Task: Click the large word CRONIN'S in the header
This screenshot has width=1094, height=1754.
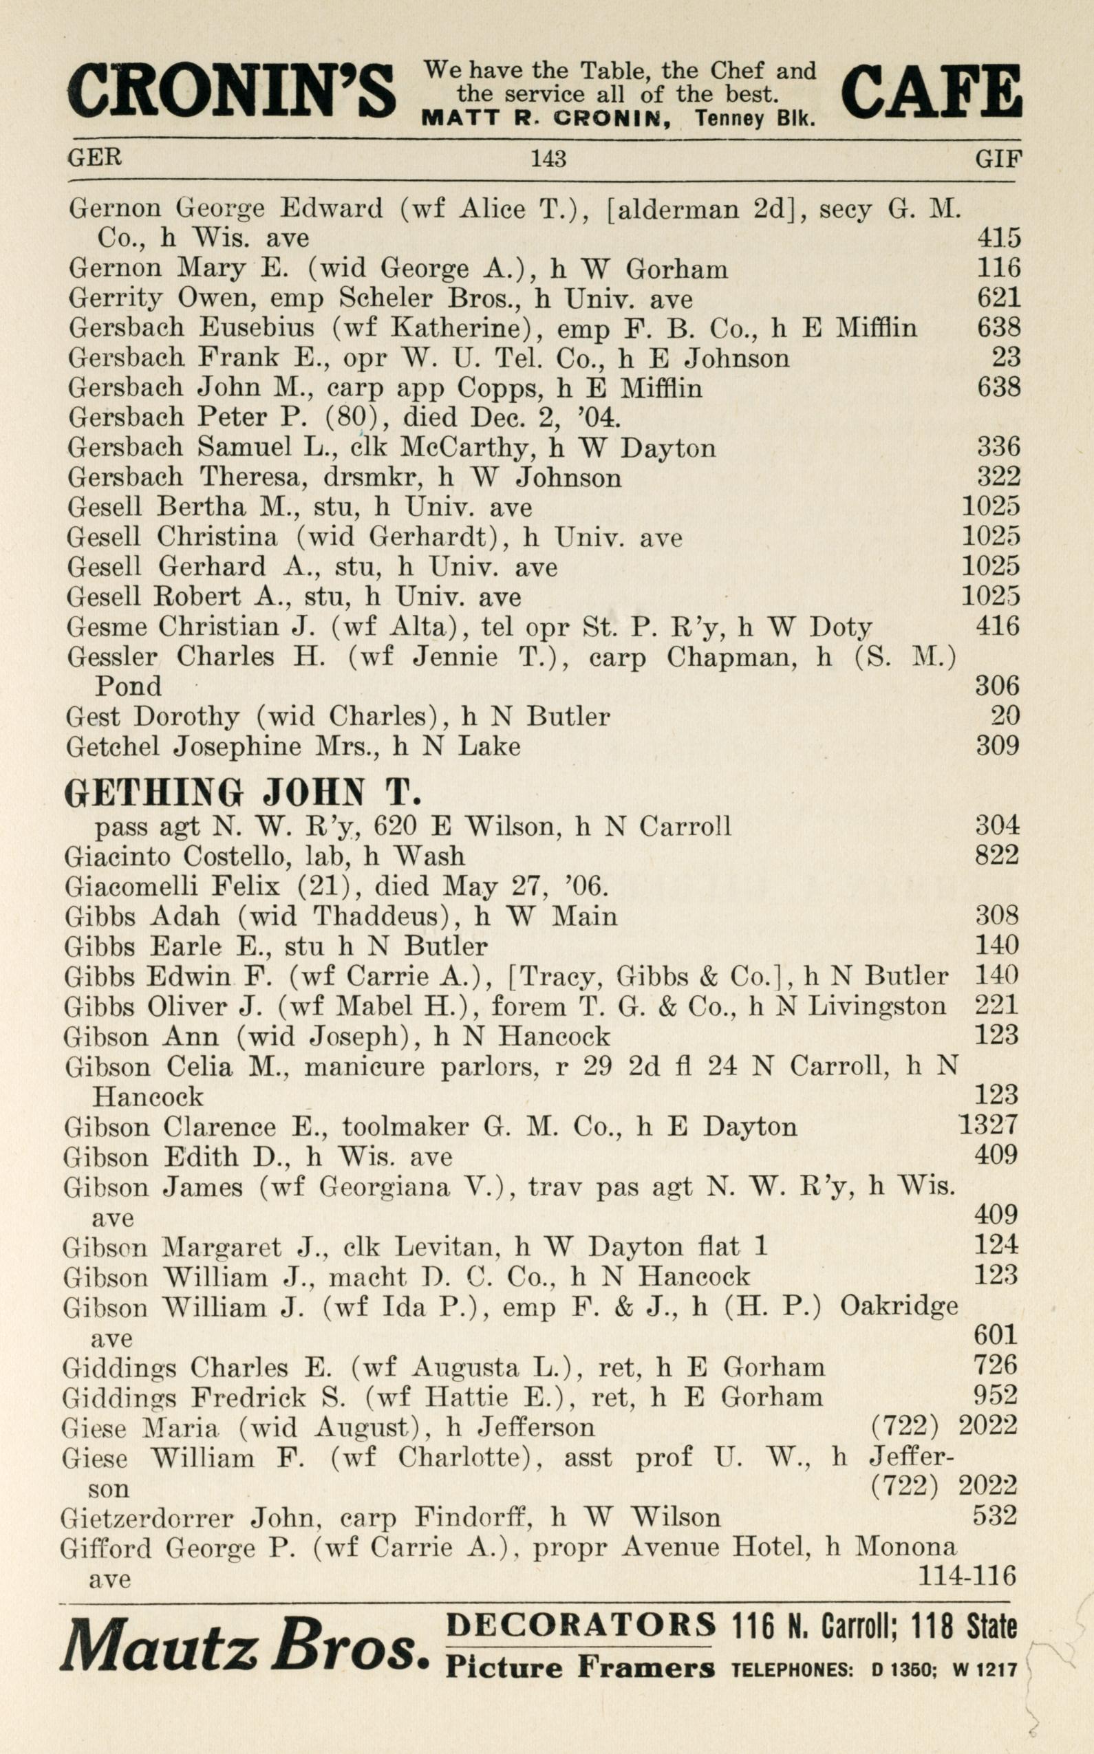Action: point(232,90)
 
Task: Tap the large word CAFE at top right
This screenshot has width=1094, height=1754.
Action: point(930,90)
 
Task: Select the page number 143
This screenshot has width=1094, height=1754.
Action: point(548,158)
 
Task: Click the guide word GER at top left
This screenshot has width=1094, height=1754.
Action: point(95,157)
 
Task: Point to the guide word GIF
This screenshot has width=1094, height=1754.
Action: point(998,158)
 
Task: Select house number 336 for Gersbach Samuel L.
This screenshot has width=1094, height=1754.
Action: point(998,447)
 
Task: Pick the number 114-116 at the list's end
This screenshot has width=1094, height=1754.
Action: point(967,1574)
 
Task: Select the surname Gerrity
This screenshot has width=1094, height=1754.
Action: point(114,298)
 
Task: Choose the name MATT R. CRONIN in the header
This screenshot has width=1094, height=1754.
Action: point(545,118)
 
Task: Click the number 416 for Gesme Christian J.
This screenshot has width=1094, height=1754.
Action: point(998,626)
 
